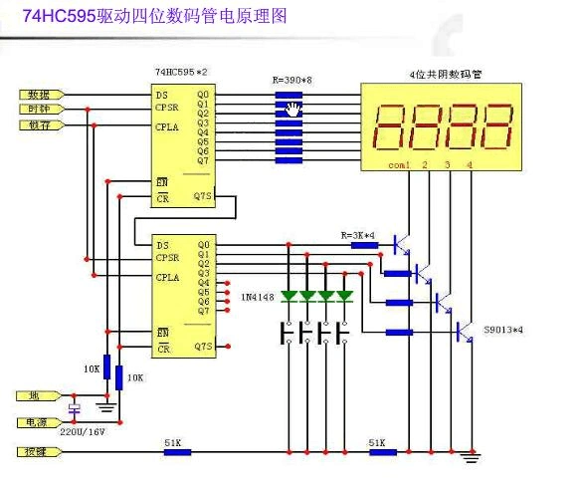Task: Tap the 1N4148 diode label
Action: pyautogui.click(x=258, y=297)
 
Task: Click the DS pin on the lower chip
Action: pyautogui.click(x=160, y=243)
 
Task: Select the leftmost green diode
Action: pyautogui.click(x=289, y=296)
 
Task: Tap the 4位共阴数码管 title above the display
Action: pyautogui.click(x=441, y=75)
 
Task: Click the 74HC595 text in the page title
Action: pyautogui.click(x=59, y=15)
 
